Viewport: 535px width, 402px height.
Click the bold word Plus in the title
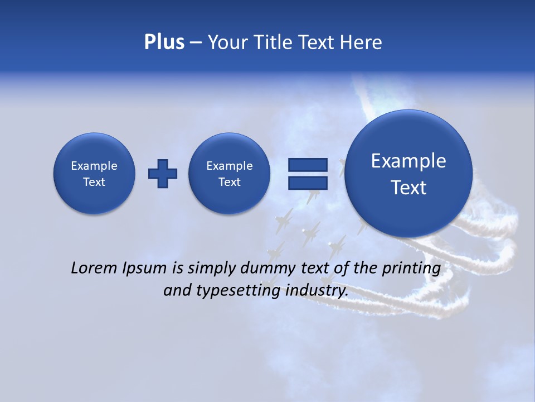(x=164, y=42)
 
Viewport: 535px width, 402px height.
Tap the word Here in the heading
(x=361, y=42)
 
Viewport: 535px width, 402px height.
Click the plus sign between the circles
(x=163, y=174)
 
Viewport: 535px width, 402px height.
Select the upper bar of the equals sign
(x=307, y=165)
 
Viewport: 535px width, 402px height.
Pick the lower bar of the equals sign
(x=307, y=183)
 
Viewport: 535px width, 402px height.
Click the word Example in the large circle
(x=408, y=161)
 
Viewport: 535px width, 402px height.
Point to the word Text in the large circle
(x=408, y=188)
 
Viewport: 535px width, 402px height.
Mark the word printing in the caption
(x=411, y=269)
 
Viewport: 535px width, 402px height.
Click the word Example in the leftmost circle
(x=94, y=166)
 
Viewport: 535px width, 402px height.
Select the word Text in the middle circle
(x=230, y=182)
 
